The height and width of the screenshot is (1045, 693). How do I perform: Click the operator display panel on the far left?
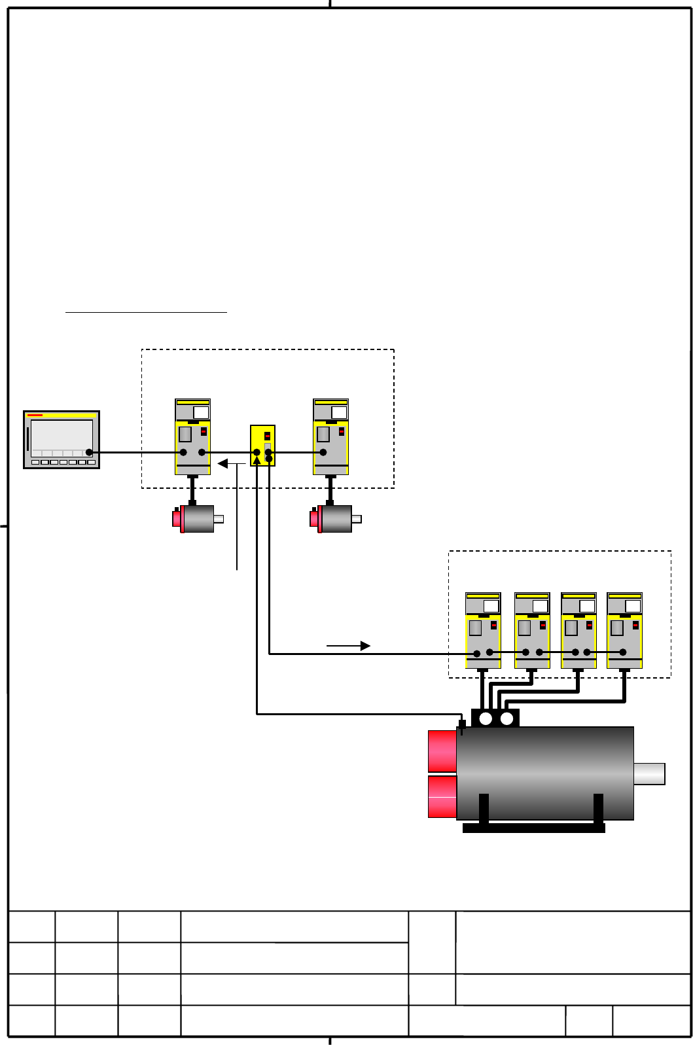click(61, 439)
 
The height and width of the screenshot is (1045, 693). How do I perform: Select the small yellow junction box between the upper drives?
click(262, 445)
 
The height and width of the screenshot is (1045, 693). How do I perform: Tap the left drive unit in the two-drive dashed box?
click(192, 436)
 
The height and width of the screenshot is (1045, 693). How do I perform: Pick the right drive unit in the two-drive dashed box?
click(330, 436)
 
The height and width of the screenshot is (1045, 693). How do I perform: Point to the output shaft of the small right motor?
click(357, 519)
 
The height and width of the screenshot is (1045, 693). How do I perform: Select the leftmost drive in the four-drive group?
click(483, 630)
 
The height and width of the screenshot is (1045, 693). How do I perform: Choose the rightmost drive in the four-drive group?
click(624, 630)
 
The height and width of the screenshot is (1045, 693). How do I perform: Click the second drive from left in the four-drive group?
click(532, 630)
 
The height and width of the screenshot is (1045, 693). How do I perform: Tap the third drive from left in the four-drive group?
click(578, 630)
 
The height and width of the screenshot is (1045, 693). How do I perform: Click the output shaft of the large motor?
click(649, 773)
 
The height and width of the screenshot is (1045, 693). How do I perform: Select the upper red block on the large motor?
click(442, 751)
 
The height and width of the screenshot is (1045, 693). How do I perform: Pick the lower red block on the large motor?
click(442, 797)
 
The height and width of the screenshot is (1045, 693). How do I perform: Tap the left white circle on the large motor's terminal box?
click(486, 719)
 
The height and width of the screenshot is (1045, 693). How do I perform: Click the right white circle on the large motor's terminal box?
click(506, 719)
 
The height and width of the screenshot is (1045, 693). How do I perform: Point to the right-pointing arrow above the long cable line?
click(349, 646)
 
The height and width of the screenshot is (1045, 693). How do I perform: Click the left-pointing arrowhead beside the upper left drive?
click(223, 463)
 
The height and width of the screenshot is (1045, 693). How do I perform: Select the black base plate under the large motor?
click(533, 828)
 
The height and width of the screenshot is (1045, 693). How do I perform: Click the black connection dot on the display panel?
click(89, 452)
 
